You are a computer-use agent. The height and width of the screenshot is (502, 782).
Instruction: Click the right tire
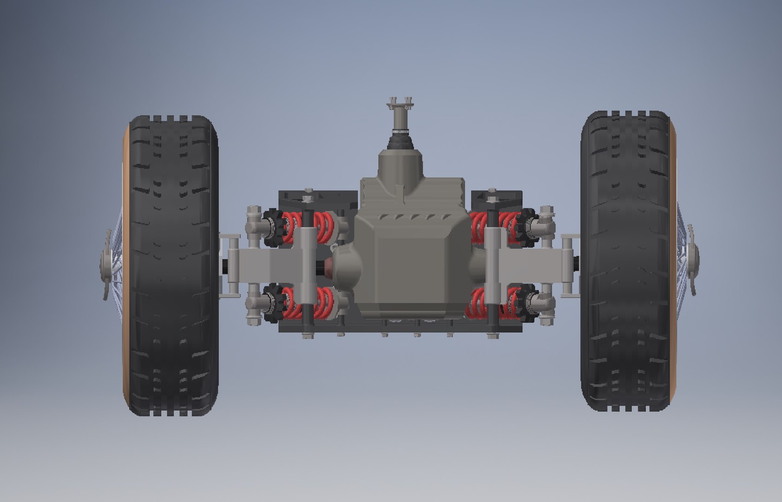click(x=625, y=260)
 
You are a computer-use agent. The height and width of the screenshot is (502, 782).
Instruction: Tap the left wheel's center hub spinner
click(x=106, y=265)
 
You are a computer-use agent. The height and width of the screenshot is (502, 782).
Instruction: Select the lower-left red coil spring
click(x=307, y=302)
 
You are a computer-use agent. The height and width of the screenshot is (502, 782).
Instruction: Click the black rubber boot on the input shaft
click(x=400, y=139)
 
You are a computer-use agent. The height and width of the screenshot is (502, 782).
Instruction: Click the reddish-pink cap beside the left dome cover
click(x=329, y=267)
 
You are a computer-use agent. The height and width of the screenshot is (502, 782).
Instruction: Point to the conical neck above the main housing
click(x=400, y=165)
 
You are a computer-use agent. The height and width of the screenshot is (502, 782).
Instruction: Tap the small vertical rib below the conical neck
click(x=400, y=193)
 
